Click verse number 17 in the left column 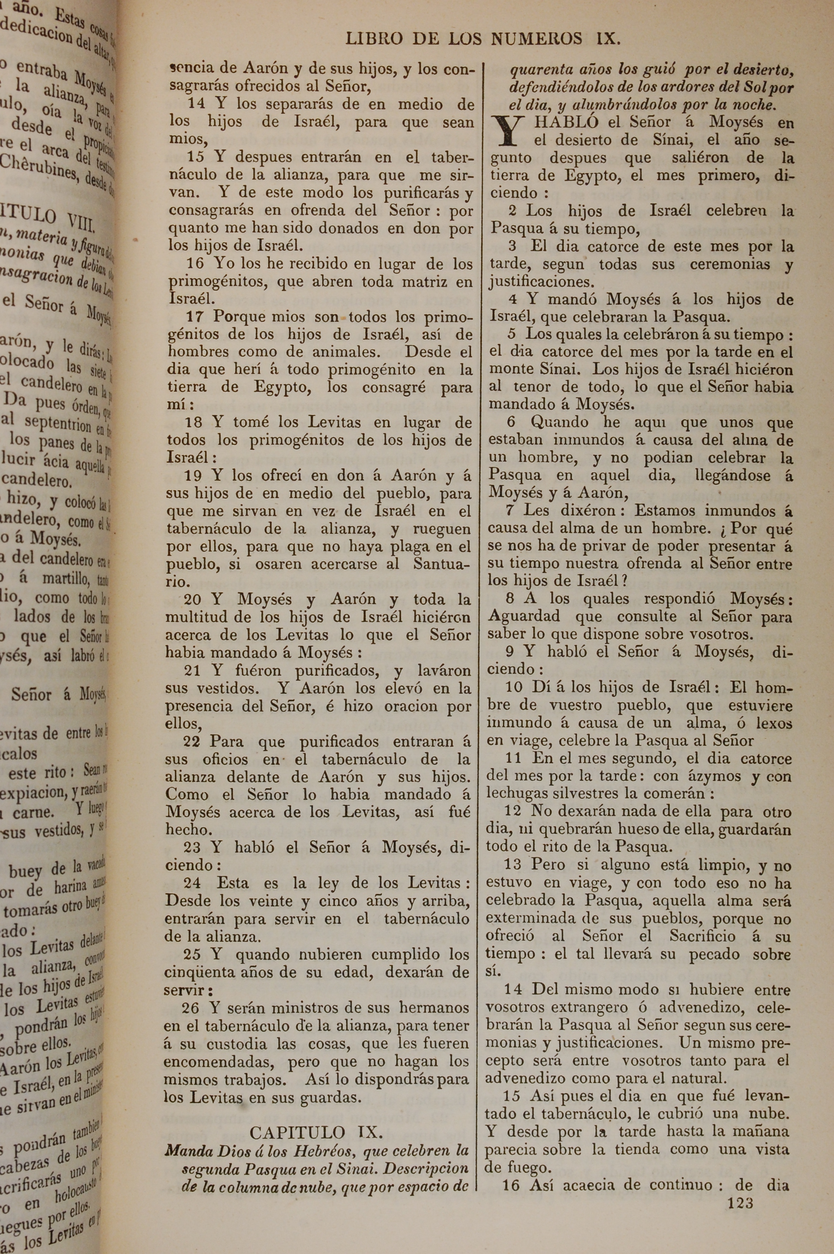coord(195,316)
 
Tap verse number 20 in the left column coord(193,599)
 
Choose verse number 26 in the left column coord(191,1007)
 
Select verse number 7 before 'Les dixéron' coord(510,510)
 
